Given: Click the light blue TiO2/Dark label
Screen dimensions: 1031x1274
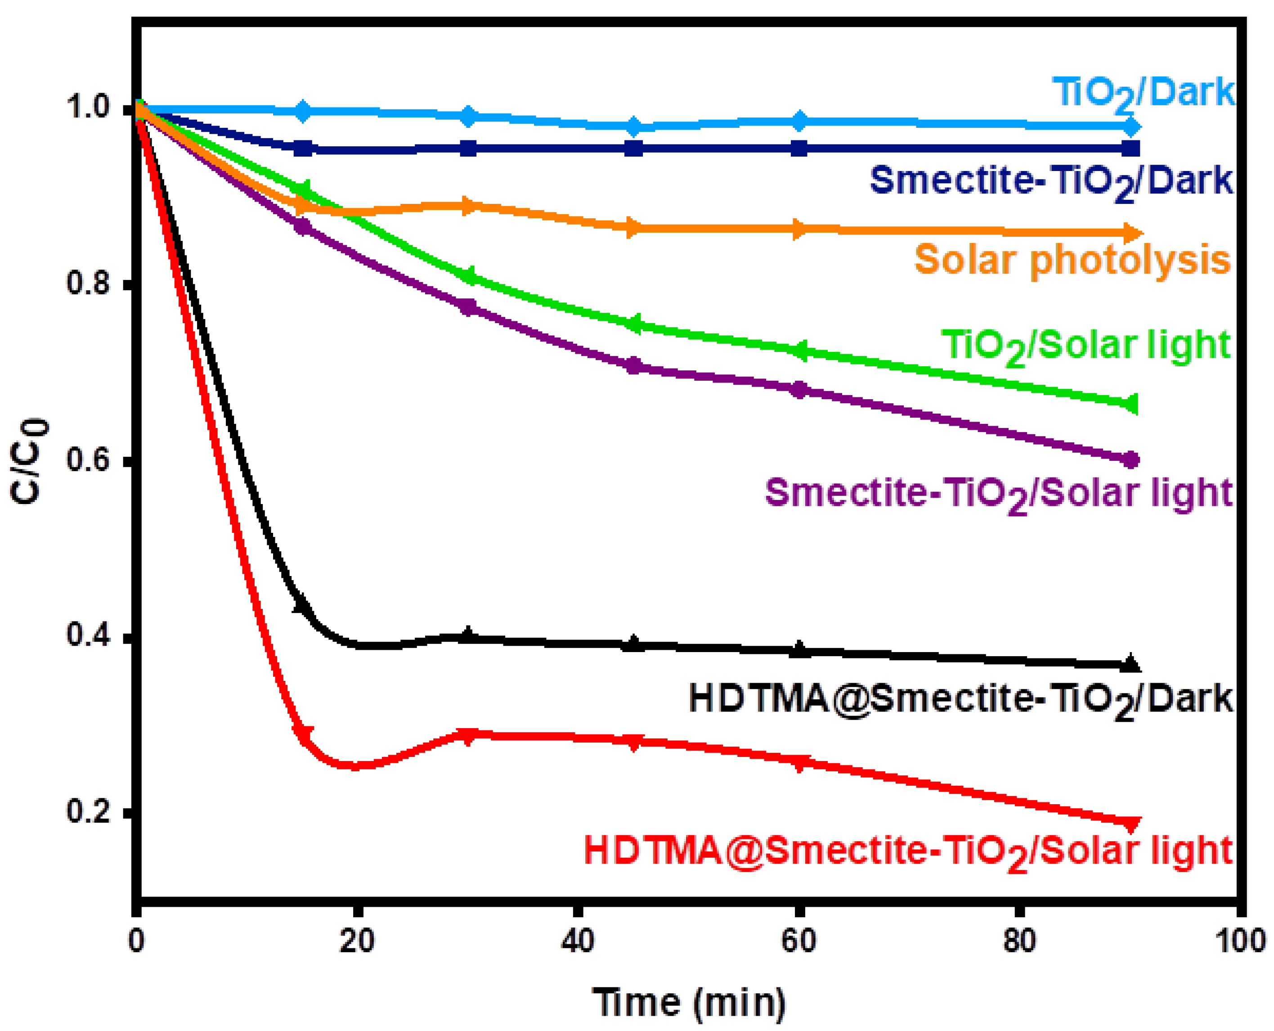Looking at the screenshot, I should pyautogui.click(x=1142, y=94).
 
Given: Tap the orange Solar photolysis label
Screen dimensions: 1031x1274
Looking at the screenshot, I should pyautogui.click(x=1072, y=260).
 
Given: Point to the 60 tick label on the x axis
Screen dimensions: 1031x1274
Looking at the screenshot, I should pyautogui.click(x=798, y=941).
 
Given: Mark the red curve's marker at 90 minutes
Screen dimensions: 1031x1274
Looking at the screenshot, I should pyautogui.click(x=1130, y=823).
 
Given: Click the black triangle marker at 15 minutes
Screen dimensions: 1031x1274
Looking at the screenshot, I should pyautogui.click(x=303, y=604).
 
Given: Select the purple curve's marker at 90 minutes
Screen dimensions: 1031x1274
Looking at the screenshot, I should pyautogui.click(x=1131, y=459).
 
